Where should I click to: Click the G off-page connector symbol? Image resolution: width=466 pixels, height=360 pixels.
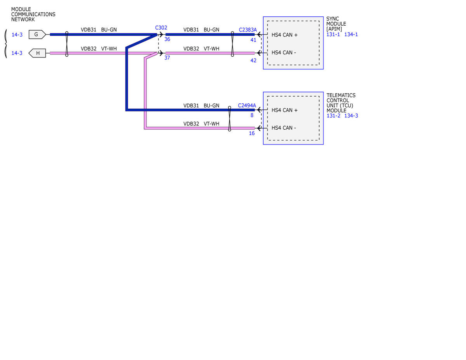click(x=37, y=34)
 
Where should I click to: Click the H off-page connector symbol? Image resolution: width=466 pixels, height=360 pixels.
click(x=37, y=53)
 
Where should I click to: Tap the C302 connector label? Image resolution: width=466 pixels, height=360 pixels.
click(x=161, y=28)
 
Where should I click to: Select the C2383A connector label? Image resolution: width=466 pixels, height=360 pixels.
click(x=248, y=30)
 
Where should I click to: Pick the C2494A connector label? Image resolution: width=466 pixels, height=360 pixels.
click(x=247, y=106)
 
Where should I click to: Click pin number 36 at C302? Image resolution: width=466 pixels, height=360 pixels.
click(x=167, y=39)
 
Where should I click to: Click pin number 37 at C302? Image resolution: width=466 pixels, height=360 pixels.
click(x=167, y=58)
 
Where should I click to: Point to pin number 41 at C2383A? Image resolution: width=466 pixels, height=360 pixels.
click(x=253, y=40)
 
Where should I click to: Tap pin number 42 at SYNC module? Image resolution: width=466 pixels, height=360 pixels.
click(x=253, y=61)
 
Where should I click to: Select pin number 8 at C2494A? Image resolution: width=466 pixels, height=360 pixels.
click(x=252, y=115)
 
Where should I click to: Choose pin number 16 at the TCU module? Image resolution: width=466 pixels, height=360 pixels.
click(x=252, y=133)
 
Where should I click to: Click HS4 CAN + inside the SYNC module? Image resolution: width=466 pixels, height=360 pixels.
click(x=284, y=35)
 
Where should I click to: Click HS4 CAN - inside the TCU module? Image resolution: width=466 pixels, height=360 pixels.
click(x=283, y=128)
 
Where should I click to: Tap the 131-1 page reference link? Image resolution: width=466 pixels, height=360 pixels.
click(x=333, y=34)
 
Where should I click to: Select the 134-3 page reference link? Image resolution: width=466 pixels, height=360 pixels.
click(x=351, y=116)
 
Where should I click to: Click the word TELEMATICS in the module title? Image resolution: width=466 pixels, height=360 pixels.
click(x=341, y=95)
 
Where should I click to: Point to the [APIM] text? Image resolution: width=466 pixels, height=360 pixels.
click(x=334, y=29)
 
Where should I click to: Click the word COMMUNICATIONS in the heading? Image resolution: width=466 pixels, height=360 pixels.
click(x=33, y=14)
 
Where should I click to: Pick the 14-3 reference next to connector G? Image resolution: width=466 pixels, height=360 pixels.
click(x=17, y=35)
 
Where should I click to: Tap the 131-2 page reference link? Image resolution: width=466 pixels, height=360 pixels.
click(x=333, y=116)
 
